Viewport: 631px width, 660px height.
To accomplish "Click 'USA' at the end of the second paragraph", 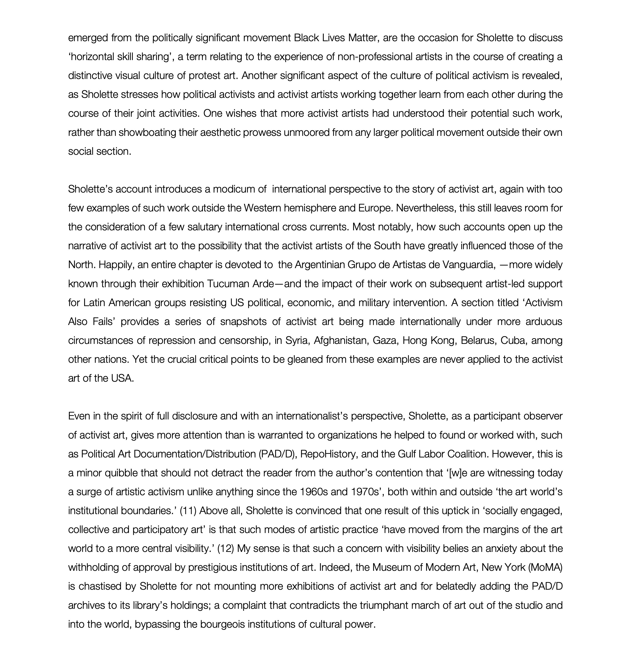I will coord(124,378).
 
